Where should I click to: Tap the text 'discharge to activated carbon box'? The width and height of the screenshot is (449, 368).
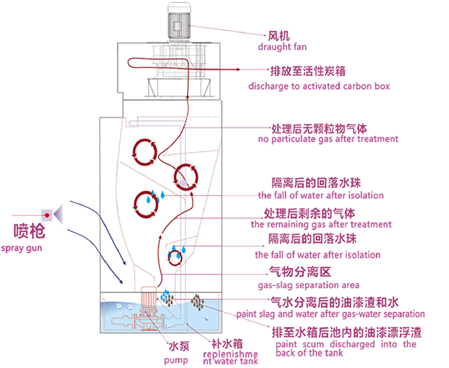click(320, 87)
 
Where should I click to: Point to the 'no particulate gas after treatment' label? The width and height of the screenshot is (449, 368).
click(328, 139)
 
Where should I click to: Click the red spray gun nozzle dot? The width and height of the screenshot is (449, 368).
click(46, 215)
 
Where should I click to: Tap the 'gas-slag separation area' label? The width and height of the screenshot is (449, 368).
click(308, 285)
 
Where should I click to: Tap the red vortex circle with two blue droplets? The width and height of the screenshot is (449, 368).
click(147, 203)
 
